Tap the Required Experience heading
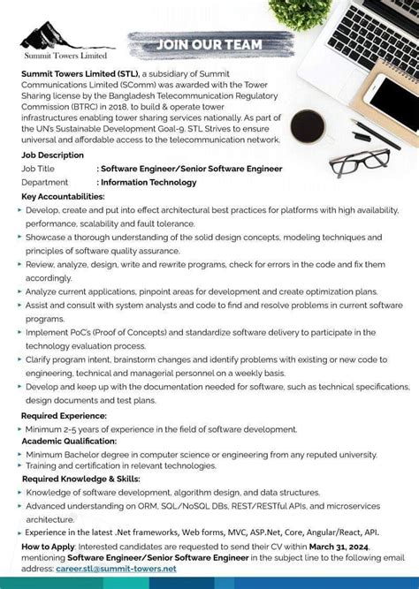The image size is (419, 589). click(x=64, y=415)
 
